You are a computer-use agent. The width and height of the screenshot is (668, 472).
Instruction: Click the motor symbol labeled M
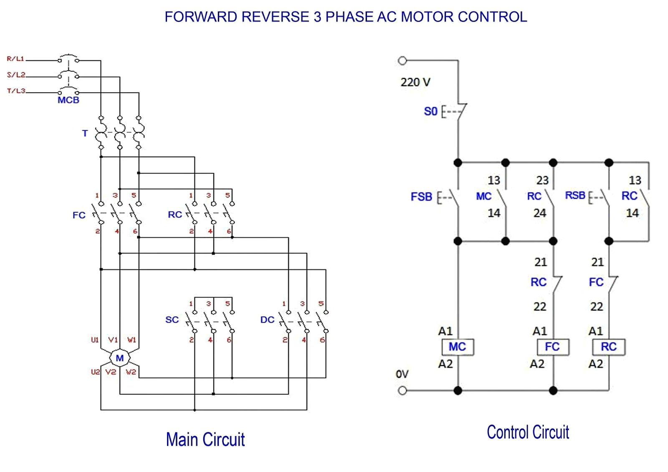click(120, 358)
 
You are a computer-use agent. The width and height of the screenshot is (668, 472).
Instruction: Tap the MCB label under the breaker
click(68, 100)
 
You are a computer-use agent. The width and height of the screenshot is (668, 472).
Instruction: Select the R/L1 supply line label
click(15, 59)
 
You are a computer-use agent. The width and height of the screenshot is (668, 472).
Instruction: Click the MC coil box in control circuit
click(458, 347)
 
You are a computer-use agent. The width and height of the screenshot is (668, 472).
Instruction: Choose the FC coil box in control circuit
click(552, 347)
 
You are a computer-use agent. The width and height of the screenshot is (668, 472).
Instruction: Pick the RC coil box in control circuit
click(609, 347)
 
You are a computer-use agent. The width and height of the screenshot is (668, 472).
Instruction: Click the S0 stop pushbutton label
click(430, 111)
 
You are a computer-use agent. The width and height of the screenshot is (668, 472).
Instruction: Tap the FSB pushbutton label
click(421, 197)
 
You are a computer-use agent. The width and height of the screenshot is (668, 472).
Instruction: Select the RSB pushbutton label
click(575, 195)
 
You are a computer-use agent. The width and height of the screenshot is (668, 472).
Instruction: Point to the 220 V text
click(415, 82)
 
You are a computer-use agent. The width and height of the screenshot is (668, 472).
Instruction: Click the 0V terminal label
click(402, 374)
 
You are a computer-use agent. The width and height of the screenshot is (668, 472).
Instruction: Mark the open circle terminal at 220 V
click(402, 61)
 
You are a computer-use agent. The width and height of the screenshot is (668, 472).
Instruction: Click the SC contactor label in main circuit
click(172, 320)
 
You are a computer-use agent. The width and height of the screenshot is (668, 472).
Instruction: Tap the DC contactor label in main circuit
click(267, 320)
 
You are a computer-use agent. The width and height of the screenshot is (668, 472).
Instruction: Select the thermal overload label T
click(85, 134)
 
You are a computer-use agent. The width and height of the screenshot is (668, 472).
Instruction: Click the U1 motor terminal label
click(95, 340)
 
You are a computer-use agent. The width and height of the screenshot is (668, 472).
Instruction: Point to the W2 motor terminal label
click(131, 372)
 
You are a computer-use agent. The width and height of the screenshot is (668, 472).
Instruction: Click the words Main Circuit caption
click(205, 439)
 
